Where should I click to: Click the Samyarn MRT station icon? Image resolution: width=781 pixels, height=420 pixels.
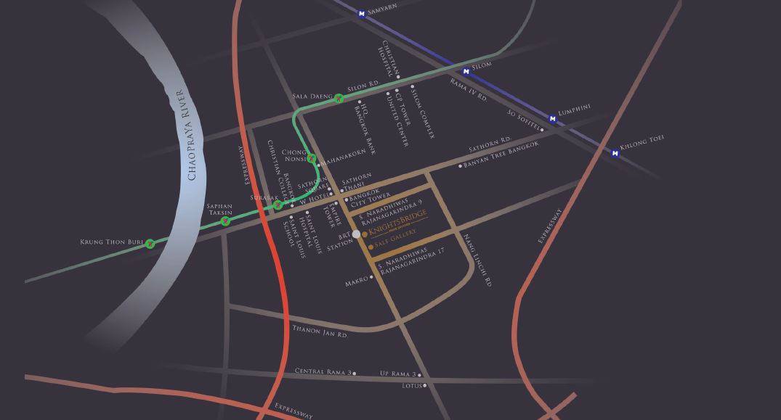362,13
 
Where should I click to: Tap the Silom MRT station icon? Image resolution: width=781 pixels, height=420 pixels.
466,71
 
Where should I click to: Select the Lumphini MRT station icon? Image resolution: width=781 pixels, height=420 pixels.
552,118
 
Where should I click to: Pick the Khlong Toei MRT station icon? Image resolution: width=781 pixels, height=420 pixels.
615,153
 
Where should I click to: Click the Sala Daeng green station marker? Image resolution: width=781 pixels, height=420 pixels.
339,99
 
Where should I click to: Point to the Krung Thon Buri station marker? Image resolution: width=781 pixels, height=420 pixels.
150,244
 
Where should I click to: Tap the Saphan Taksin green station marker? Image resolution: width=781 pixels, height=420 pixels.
226,221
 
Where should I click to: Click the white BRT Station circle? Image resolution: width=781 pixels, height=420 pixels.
356,234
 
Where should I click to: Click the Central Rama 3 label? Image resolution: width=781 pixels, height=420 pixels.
323,371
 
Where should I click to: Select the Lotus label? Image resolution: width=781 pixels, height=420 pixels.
413,386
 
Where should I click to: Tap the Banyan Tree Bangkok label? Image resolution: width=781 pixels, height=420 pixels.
501,155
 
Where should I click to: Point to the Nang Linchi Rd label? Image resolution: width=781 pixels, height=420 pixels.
477,260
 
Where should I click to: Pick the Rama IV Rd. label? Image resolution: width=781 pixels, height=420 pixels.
469,91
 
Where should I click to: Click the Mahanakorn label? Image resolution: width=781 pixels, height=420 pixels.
344,156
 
